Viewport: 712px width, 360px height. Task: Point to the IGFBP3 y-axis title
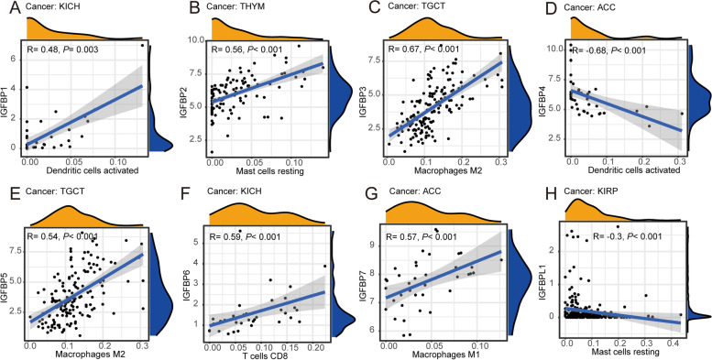click(369, 94)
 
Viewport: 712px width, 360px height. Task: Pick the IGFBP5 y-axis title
click(7, 275)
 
